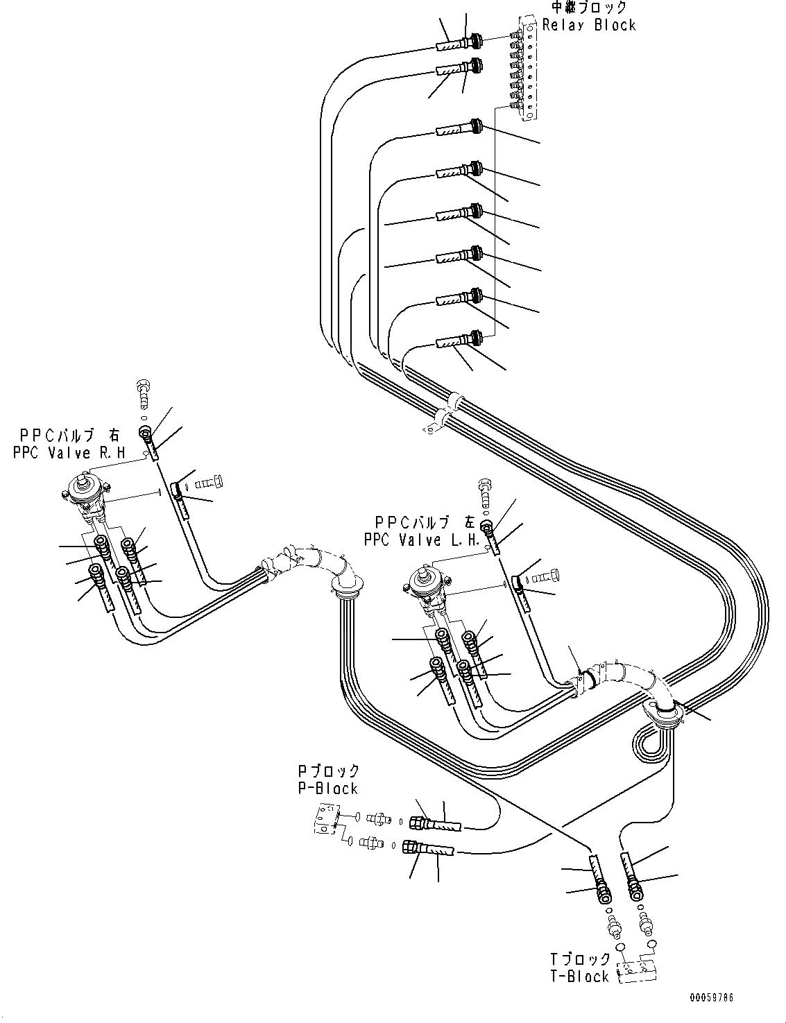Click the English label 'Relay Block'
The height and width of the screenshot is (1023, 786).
[x=589, y=25]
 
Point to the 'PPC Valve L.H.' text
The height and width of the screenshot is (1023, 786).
[x=428, y=540]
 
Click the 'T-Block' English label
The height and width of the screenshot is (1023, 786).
[x=580, y=977]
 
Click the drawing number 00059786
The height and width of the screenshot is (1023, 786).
[x=711, y=999]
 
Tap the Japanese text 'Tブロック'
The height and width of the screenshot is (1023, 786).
[x=580, y=959]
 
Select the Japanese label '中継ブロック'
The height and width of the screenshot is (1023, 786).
[x=589, y=8]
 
